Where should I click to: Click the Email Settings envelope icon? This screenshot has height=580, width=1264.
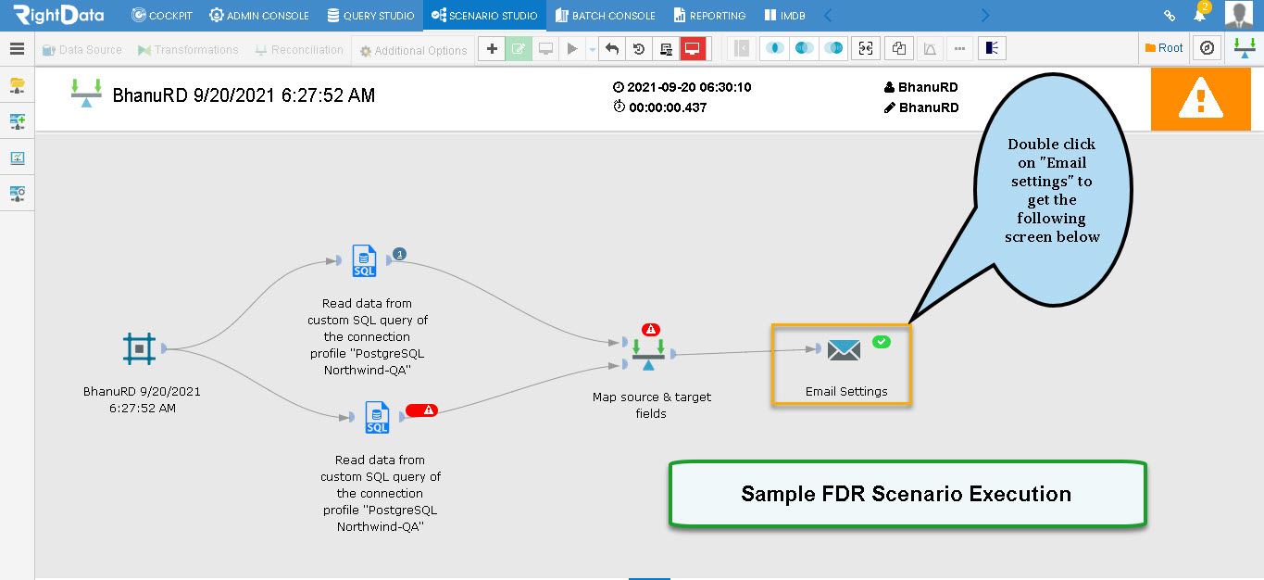tap(844, 350)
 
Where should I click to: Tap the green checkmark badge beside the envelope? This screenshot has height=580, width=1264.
tap(881, 342)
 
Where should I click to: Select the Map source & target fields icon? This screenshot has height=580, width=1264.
tap(648, 355)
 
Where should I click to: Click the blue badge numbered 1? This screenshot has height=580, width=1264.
tap(399, 254)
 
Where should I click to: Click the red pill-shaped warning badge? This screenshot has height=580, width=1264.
tap(421, 410)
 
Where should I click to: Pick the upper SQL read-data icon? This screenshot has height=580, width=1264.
tap(364, 260)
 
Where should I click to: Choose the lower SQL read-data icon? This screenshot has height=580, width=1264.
tap(377, 417)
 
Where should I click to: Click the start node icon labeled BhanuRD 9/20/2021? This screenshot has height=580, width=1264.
tap(139, 348)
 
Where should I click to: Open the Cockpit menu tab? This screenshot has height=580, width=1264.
tap(162, 15)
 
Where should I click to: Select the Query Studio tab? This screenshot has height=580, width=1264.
tap(370, 15)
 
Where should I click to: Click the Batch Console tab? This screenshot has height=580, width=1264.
tap(606, 15)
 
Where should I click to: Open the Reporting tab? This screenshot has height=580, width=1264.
tap(710, 15)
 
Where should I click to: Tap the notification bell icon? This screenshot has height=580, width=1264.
tap(1199, 16)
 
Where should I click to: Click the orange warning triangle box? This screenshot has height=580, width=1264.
tap(1201, 99)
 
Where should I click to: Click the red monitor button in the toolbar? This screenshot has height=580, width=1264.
tap(693, 48)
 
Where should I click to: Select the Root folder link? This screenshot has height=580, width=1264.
tap(1164, 48)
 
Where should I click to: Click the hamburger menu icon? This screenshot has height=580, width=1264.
tap(17, 48)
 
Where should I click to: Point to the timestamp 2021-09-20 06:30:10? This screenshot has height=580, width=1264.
tap(689, 87)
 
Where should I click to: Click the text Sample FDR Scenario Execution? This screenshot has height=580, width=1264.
tap(907, 494)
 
